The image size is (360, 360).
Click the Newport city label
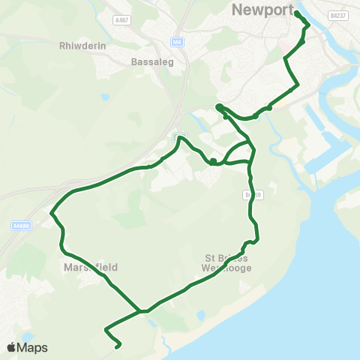tap(259, 10)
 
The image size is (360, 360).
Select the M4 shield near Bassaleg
tap(177, 42)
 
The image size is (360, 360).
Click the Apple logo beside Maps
tap(11, 347)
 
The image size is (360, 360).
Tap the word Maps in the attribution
tap(33, 347)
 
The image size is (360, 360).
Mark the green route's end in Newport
tap(297, 13)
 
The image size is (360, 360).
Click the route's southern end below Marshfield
tap(118, 346)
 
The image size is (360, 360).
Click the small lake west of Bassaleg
tap(105, 97)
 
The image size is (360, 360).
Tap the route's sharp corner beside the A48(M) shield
tap(52, 214)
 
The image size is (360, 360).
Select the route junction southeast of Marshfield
tap(140, 310)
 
